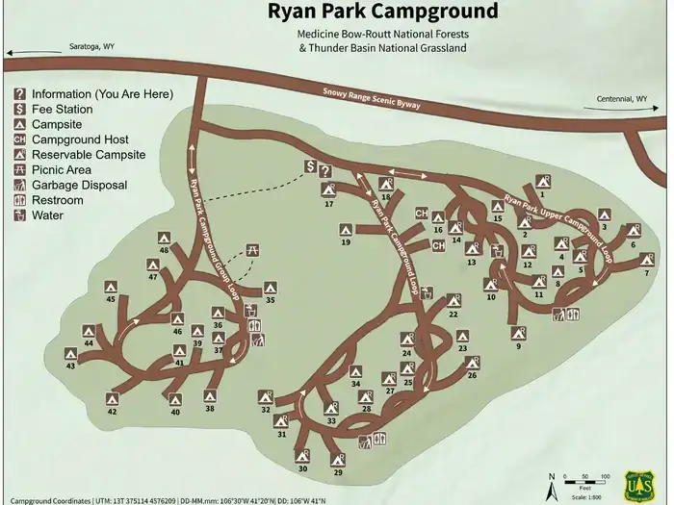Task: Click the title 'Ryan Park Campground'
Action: point(382,13)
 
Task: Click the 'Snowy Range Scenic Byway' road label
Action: point(372,98)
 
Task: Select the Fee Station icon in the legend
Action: point(19,109)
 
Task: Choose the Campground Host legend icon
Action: point(19,139)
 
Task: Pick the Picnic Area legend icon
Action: point(19,169)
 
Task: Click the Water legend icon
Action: point(19,215)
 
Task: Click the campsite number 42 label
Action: point(112,412)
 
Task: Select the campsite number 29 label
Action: point(338,472)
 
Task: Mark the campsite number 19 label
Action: point(345,242)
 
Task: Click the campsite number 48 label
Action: point(164,250)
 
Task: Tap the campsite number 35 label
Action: point(270,301)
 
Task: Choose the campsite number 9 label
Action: point(518,345)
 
